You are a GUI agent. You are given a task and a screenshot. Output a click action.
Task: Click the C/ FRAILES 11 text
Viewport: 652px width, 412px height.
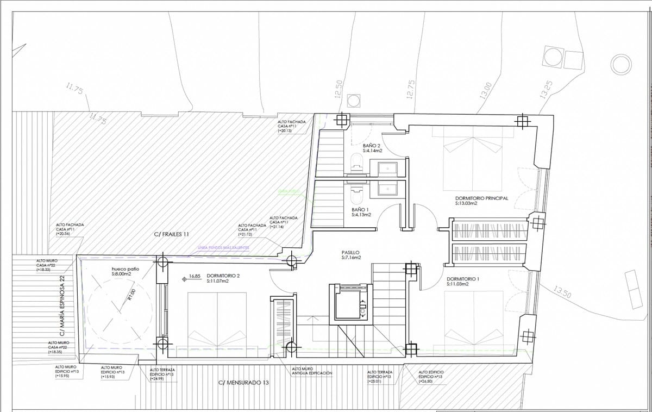coord(171,234)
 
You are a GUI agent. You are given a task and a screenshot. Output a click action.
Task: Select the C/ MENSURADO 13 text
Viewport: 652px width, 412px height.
coord(243,383)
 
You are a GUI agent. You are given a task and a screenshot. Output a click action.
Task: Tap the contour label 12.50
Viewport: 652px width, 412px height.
coord(338,89)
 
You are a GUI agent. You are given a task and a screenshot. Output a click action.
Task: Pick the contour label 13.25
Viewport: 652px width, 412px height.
coord(546,90)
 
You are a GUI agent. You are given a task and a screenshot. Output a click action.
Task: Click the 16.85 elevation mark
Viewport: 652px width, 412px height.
coord(195,276)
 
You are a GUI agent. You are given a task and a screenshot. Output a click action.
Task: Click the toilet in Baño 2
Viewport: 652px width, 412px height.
coord(356,161)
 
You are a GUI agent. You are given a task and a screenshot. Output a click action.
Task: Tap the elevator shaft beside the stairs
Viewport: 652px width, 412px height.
coord(351,303)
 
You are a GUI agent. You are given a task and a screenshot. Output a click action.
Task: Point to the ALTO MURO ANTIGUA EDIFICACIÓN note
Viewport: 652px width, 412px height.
coord(312,371)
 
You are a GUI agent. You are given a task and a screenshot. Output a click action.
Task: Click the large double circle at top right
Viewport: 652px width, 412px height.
coord(622,65)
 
